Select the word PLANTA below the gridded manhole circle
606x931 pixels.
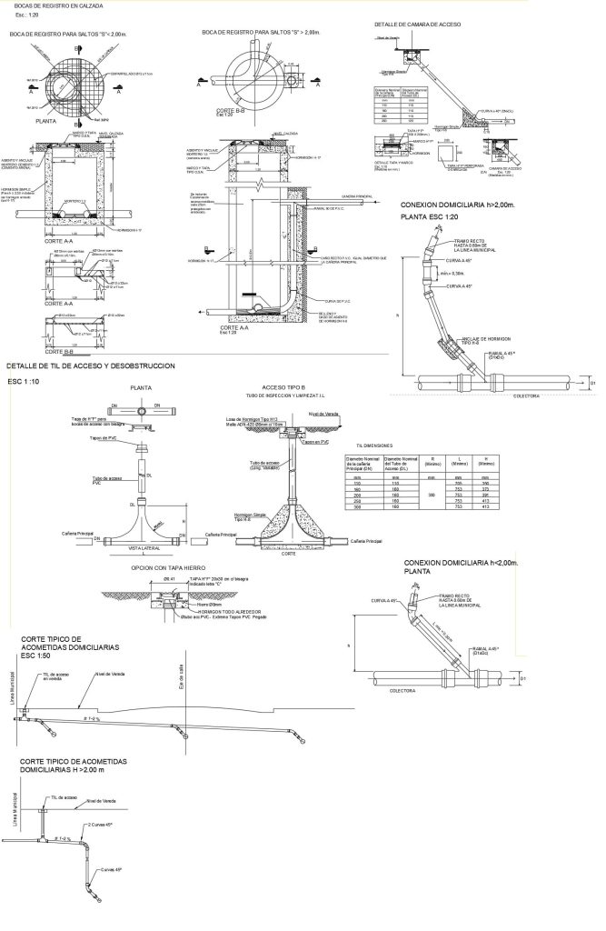click(33, 119)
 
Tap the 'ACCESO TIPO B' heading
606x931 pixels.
click(285, 386)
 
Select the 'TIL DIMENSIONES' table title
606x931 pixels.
click(373, 445)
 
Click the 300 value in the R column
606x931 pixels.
click(432, 496)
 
